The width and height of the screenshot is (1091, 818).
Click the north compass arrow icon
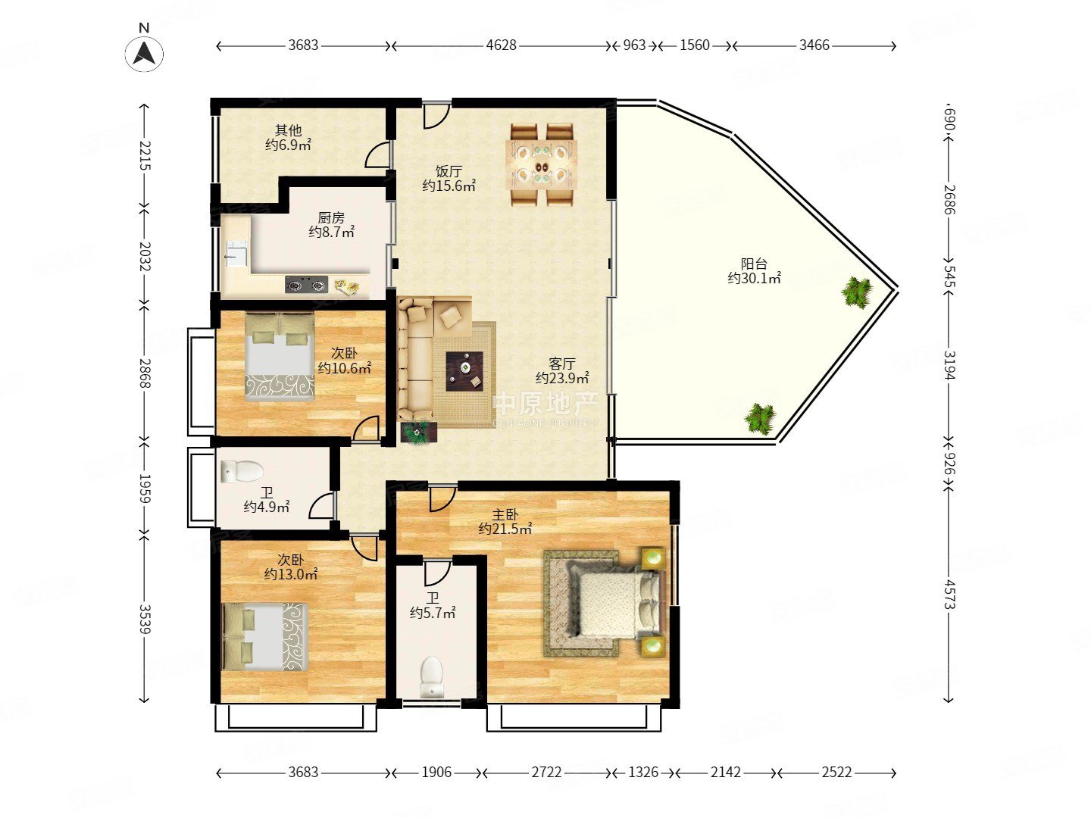click(144, 53)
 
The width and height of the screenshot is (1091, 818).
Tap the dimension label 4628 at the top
click(501, 45)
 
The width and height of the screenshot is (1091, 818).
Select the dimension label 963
click(634, 45)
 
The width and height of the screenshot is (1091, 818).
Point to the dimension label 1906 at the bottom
click(436, 773)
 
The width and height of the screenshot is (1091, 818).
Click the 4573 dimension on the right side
click(949, 594)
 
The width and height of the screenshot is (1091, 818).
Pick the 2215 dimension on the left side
click(145, 155)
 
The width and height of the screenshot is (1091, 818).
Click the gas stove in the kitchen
click(307, 285)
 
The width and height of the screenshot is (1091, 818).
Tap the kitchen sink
click(237, 253)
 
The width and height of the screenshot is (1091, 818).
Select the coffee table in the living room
click(464, 371)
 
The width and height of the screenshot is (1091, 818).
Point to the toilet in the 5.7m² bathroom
click(431, 676)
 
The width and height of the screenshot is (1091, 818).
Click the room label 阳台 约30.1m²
click(754, 270)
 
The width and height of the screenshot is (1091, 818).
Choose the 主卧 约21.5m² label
click(505, 522)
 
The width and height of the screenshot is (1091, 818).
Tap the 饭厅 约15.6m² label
click(449, 179)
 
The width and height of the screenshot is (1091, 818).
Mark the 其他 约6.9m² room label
click(289, 138)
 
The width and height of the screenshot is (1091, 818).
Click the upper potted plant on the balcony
click(856, 292)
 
